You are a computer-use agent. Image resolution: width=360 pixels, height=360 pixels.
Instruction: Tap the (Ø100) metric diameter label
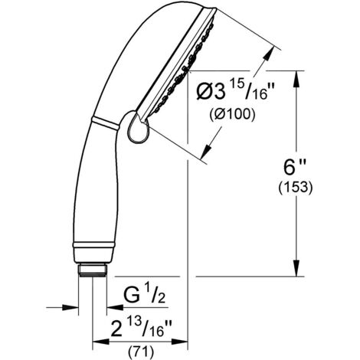click(232, 114)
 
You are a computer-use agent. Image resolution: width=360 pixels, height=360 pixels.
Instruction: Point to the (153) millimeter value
click(296, 188)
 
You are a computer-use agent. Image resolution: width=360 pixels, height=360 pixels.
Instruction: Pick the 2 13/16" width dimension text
click(141, 329)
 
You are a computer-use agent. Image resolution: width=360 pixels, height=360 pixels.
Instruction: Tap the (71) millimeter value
click(141, 352)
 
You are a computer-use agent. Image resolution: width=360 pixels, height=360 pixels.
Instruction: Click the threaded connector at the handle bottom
click(93, 270)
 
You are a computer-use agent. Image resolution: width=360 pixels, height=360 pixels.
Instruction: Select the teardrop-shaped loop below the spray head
click(138, 127)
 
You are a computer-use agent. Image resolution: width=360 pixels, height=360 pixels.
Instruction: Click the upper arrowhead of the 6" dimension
click(296, 79)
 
